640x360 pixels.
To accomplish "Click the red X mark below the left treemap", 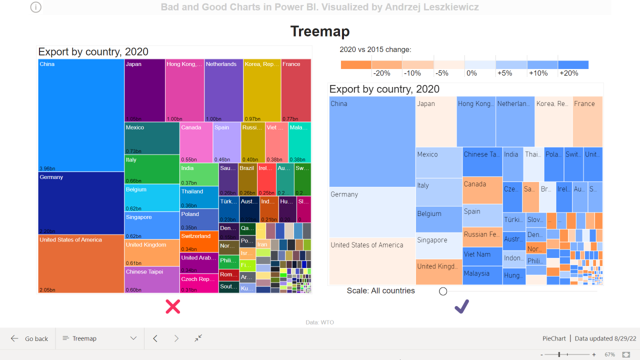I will pos(172,306).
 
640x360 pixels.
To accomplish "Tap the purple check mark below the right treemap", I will pos(461,306).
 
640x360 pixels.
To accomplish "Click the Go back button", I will pos(29,338).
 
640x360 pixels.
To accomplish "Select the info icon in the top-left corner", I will pos(36,7).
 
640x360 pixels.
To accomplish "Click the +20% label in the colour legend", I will pos(569,73).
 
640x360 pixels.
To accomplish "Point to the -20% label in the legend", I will pos(381,73).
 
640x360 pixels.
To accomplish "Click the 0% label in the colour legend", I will pos(471,73).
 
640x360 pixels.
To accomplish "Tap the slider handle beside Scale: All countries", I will pos(443,291).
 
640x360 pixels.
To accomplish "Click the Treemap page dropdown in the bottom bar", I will pos(99,338).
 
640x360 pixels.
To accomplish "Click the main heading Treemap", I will pos(320,31).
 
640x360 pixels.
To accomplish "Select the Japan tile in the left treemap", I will pos(144,90).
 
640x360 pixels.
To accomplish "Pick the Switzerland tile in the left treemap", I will pos(199,241).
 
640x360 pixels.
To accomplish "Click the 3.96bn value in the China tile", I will pos(47,168).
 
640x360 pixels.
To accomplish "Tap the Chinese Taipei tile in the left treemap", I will pos(152,279).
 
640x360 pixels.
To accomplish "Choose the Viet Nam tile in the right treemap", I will pos(482,256).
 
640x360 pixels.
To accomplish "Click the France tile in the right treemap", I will pos(587,121).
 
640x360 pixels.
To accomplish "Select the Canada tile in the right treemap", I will pos(482,190).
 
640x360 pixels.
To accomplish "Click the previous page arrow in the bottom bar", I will pos(155,338).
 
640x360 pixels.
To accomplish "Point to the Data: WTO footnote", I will pos(320,322).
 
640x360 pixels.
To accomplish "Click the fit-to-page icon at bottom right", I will pos(626,354).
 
